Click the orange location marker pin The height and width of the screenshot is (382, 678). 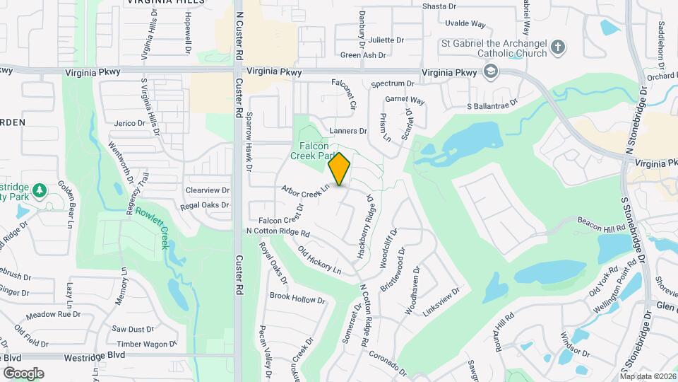coord(340,168)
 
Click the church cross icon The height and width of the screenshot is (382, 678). coord(558,47)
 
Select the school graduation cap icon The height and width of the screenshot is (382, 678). coord(489,71)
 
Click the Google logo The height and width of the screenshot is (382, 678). coord(23,373)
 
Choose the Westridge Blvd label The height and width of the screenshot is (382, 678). coord(94,355)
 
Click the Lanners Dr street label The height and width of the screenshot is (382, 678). coord(348,131)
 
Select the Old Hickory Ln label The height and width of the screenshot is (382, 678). coord(319,260)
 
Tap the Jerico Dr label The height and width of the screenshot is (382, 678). coord(129,123)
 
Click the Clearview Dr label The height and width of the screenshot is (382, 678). coord(207,190)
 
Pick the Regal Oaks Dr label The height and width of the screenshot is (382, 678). coord(204,205)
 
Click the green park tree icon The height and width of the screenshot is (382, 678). coord(40,190)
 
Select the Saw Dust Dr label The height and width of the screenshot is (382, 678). coord(133,329)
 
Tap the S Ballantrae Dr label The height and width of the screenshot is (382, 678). coord(492,106)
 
